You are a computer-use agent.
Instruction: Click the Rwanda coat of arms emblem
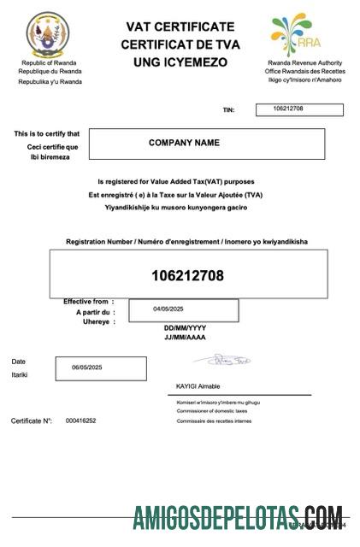point(46,36)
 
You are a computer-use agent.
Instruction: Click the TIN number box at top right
point(298,109)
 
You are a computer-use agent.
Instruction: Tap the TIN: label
point(227,110)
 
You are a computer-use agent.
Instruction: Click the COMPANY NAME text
point(184,143)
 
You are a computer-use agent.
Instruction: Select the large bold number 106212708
point(187,275)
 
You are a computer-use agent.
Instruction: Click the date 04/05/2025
point(168,309)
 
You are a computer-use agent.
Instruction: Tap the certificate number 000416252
point(80,421)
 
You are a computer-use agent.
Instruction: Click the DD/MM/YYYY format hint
point(185,328)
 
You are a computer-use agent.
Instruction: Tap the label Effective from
point(86,302)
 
